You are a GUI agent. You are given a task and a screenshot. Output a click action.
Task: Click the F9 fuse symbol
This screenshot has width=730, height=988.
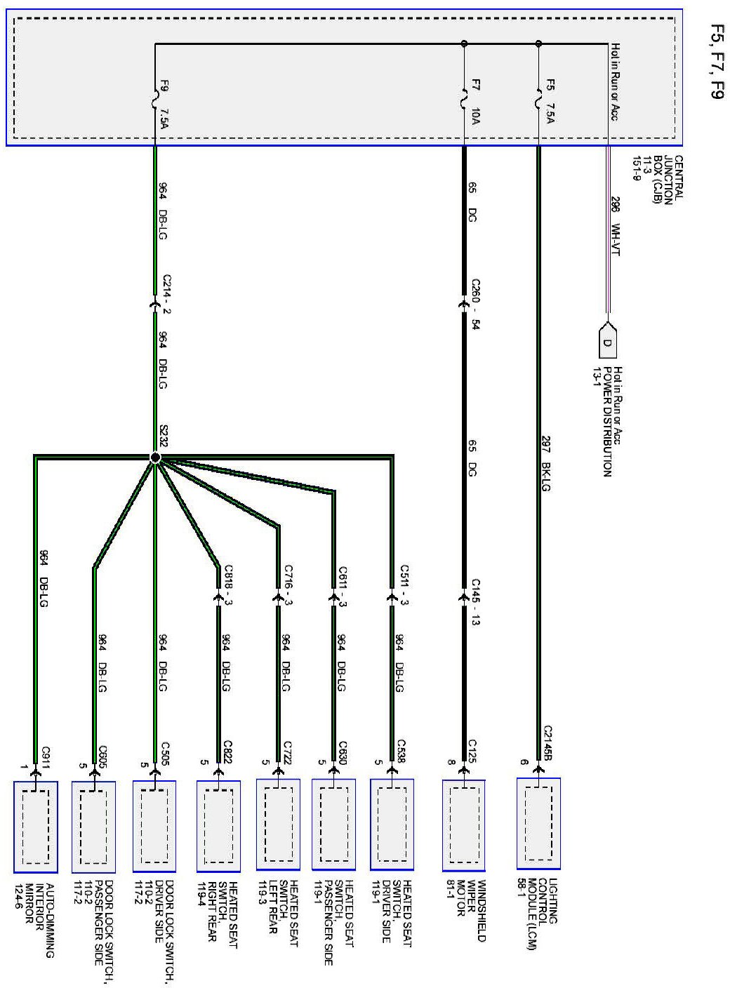[155, 100]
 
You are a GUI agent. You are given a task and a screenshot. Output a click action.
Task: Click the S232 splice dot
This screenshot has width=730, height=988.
[155, 458]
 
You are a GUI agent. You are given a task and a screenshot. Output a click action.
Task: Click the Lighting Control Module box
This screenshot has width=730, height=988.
[538, 822]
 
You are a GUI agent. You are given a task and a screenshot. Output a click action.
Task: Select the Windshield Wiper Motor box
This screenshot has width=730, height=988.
[464, 825]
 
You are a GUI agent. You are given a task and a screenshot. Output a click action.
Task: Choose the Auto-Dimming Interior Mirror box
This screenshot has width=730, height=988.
[36, 827]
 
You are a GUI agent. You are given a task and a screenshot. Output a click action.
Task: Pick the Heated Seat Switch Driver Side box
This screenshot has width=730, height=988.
[392, 825]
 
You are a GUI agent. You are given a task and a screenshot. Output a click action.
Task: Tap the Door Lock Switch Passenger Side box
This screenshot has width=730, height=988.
[94, 827]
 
